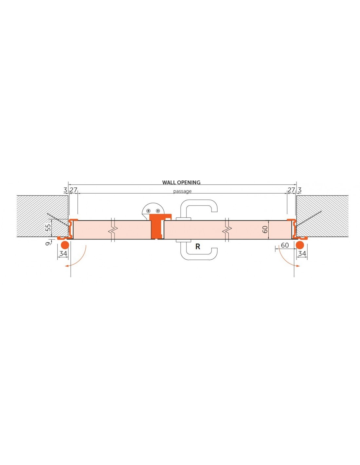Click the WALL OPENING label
click(x=181, y=182)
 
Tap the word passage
click(x=182, y=191)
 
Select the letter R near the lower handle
click(x=198, y=247)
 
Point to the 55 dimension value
click(x=49, y=227)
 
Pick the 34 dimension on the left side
click(x=63, y=253)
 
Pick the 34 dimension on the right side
click(x=302, y=253)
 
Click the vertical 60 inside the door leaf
click(x=265, y=230)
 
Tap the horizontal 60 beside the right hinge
click(x=285, y=245)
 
